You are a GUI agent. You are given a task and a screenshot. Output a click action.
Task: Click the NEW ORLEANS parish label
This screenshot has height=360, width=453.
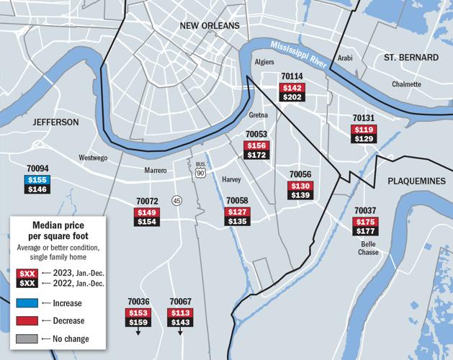(210, 27)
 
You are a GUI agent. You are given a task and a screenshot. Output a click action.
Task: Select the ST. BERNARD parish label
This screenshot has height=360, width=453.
(411, 57)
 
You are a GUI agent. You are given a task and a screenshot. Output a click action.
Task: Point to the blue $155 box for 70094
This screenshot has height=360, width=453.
(37, 179)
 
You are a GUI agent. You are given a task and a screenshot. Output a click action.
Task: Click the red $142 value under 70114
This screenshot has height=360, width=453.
(292, 87)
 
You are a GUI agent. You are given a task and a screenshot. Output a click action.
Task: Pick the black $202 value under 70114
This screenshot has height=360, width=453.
(292, 97)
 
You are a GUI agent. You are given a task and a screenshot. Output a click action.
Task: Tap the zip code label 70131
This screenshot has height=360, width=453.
(364, 118)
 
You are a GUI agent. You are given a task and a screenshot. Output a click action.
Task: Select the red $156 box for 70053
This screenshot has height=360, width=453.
(256, 145)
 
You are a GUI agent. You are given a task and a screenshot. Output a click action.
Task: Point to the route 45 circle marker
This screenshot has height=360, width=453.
(176, 200)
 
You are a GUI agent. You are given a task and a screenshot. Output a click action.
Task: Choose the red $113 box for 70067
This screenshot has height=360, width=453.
(180, 312)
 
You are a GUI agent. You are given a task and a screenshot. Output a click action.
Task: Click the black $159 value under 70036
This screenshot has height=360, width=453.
(138, 323)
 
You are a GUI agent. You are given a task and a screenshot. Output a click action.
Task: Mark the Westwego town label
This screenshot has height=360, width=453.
(93, 157)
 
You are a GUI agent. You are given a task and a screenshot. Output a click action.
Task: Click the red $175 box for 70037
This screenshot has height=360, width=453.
(365, 221)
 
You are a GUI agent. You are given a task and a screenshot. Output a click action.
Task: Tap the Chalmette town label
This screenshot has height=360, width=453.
(406, 84)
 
